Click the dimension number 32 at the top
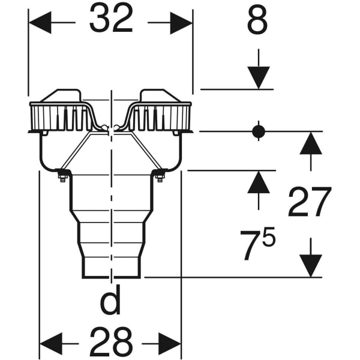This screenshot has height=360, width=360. [111, 21]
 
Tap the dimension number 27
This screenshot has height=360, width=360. [309, 203]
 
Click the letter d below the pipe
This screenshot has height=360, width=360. [110, 302]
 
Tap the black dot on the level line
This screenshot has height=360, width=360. [258, 131]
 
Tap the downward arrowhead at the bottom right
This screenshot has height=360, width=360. [310, 265]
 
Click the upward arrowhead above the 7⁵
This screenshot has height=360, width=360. [258, 182]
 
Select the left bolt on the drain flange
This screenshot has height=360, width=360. [62, 176]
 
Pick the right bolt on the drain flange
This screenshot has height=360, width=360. [160, 176]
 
